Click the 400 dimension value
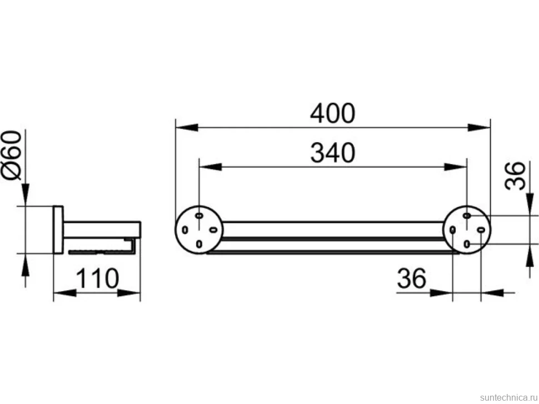click(332, 113)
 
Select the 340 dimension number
click(332, 153)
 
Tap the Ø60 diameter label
click(12, 155)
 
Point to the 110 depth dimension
click(97, 279)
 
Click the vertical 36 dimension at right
click(515, 176)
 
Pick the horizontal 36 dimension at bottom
click(411, 278)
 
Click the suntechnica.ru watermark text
click(508, 397)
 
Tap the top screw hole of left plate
click(199, 215)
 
